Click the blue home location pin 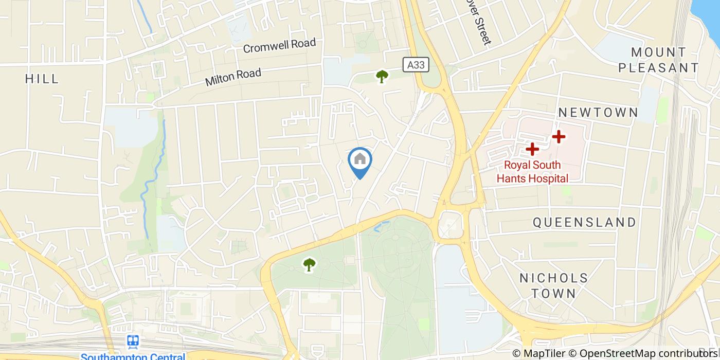tap(360, 160)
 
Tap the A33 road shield tap(416, 64)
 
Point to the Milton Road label tap(233, 77)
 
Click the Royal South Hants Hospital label tap(532, 172)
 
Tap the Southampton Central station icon tap(133, 341)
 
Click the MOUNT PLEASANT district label tap(659, 60)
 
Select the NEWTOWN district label tap(598, 113)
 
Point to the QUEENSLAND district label tap(584, 222)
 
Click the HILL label tap(42, 79)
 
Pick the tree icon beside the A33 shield tap(382, 77)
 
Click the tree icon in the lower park tap(309, 265)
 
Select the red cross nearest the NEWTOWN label tap(559, 137)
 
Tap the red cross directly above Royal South tap(532, 149)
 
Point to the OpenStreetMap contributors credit tap(649, 353)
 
